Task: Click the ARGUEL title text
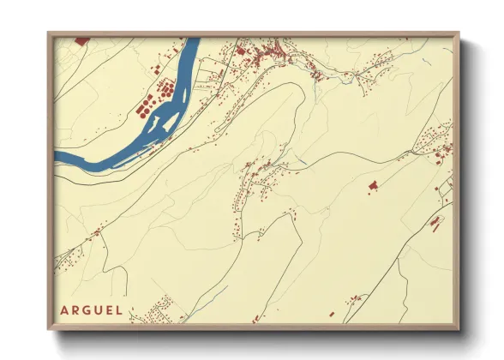(91, 309)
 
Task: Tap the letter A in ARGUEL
(63, 309)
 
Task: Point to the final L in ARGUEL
(118, 309)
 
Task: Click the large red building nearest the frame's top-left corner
(81, 40)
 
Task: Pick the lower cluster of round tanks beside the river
(142, 107)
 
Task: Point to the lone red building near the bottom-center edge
(354, 299)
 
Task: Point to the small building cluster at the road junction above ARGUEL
(94, 231)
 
